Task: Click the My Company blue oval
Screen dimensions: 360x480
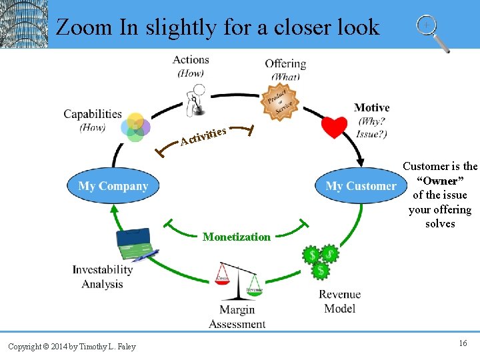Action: [113, 185]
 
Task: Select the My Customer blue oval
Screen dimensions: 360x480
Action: [361, 186]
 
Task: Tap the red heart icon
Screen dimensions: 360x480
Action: [333, 126]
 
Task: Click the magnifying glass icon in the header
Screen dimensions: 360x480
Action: [432, 33]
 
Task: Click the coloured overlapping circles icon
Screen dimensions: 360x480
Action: [135, 127]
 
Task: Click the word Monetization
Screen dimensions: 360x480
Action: [237, 237]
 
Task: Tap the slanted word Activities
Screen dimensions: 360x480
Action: [204, 135]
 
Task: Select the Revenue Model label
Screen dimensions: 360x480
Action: [339, 301]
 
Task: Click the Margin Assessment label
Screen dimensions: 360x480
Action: [237, 317]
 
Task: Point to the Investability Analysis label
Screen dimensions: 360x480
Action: [103, 277]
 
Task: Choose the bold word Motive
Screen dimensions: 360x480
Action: [371, 107]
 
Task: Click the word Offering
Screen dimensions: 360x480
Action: [285, 64]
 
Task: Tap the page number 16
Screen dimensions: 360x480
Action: [463, 343]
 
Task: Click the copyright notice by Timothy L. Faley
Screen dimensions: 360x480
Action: [72, 346]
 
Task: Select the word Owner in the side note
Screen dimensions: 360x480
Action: [440, 181]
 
